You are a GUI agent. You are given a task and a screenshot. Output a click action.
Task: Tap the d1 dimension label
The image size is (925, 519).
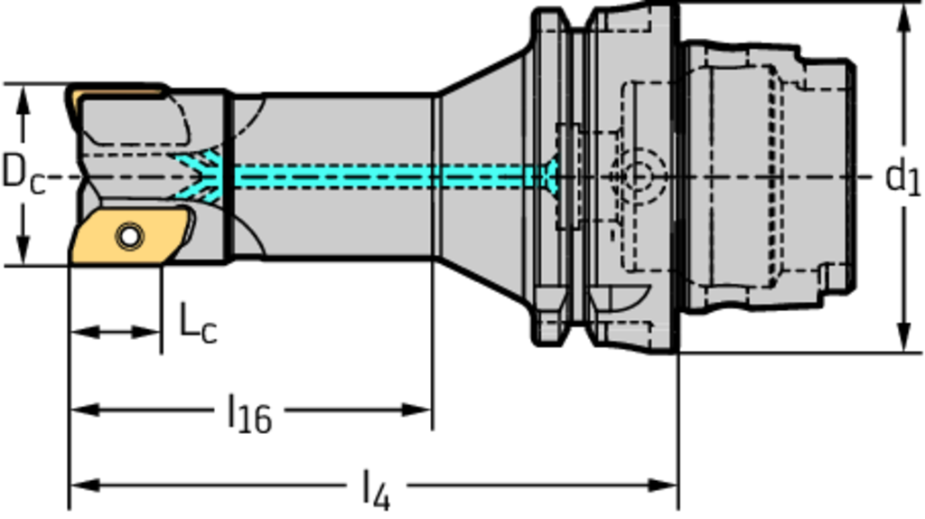click(902, 176)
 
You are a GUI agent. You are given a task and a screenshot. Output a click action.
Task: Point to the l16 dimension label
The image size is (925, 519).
click(248, 414)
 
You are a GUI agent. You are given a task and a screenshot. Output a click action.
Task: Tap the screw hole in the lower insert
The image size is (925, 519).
click(130, 237)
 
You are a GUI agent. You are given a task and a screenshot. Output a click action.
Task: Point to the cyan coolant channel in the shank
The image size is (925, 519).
click(379, 176)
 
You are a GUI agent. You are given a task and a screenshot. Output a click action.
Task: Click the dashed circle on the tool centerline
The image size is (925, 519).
click(638, 175)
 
